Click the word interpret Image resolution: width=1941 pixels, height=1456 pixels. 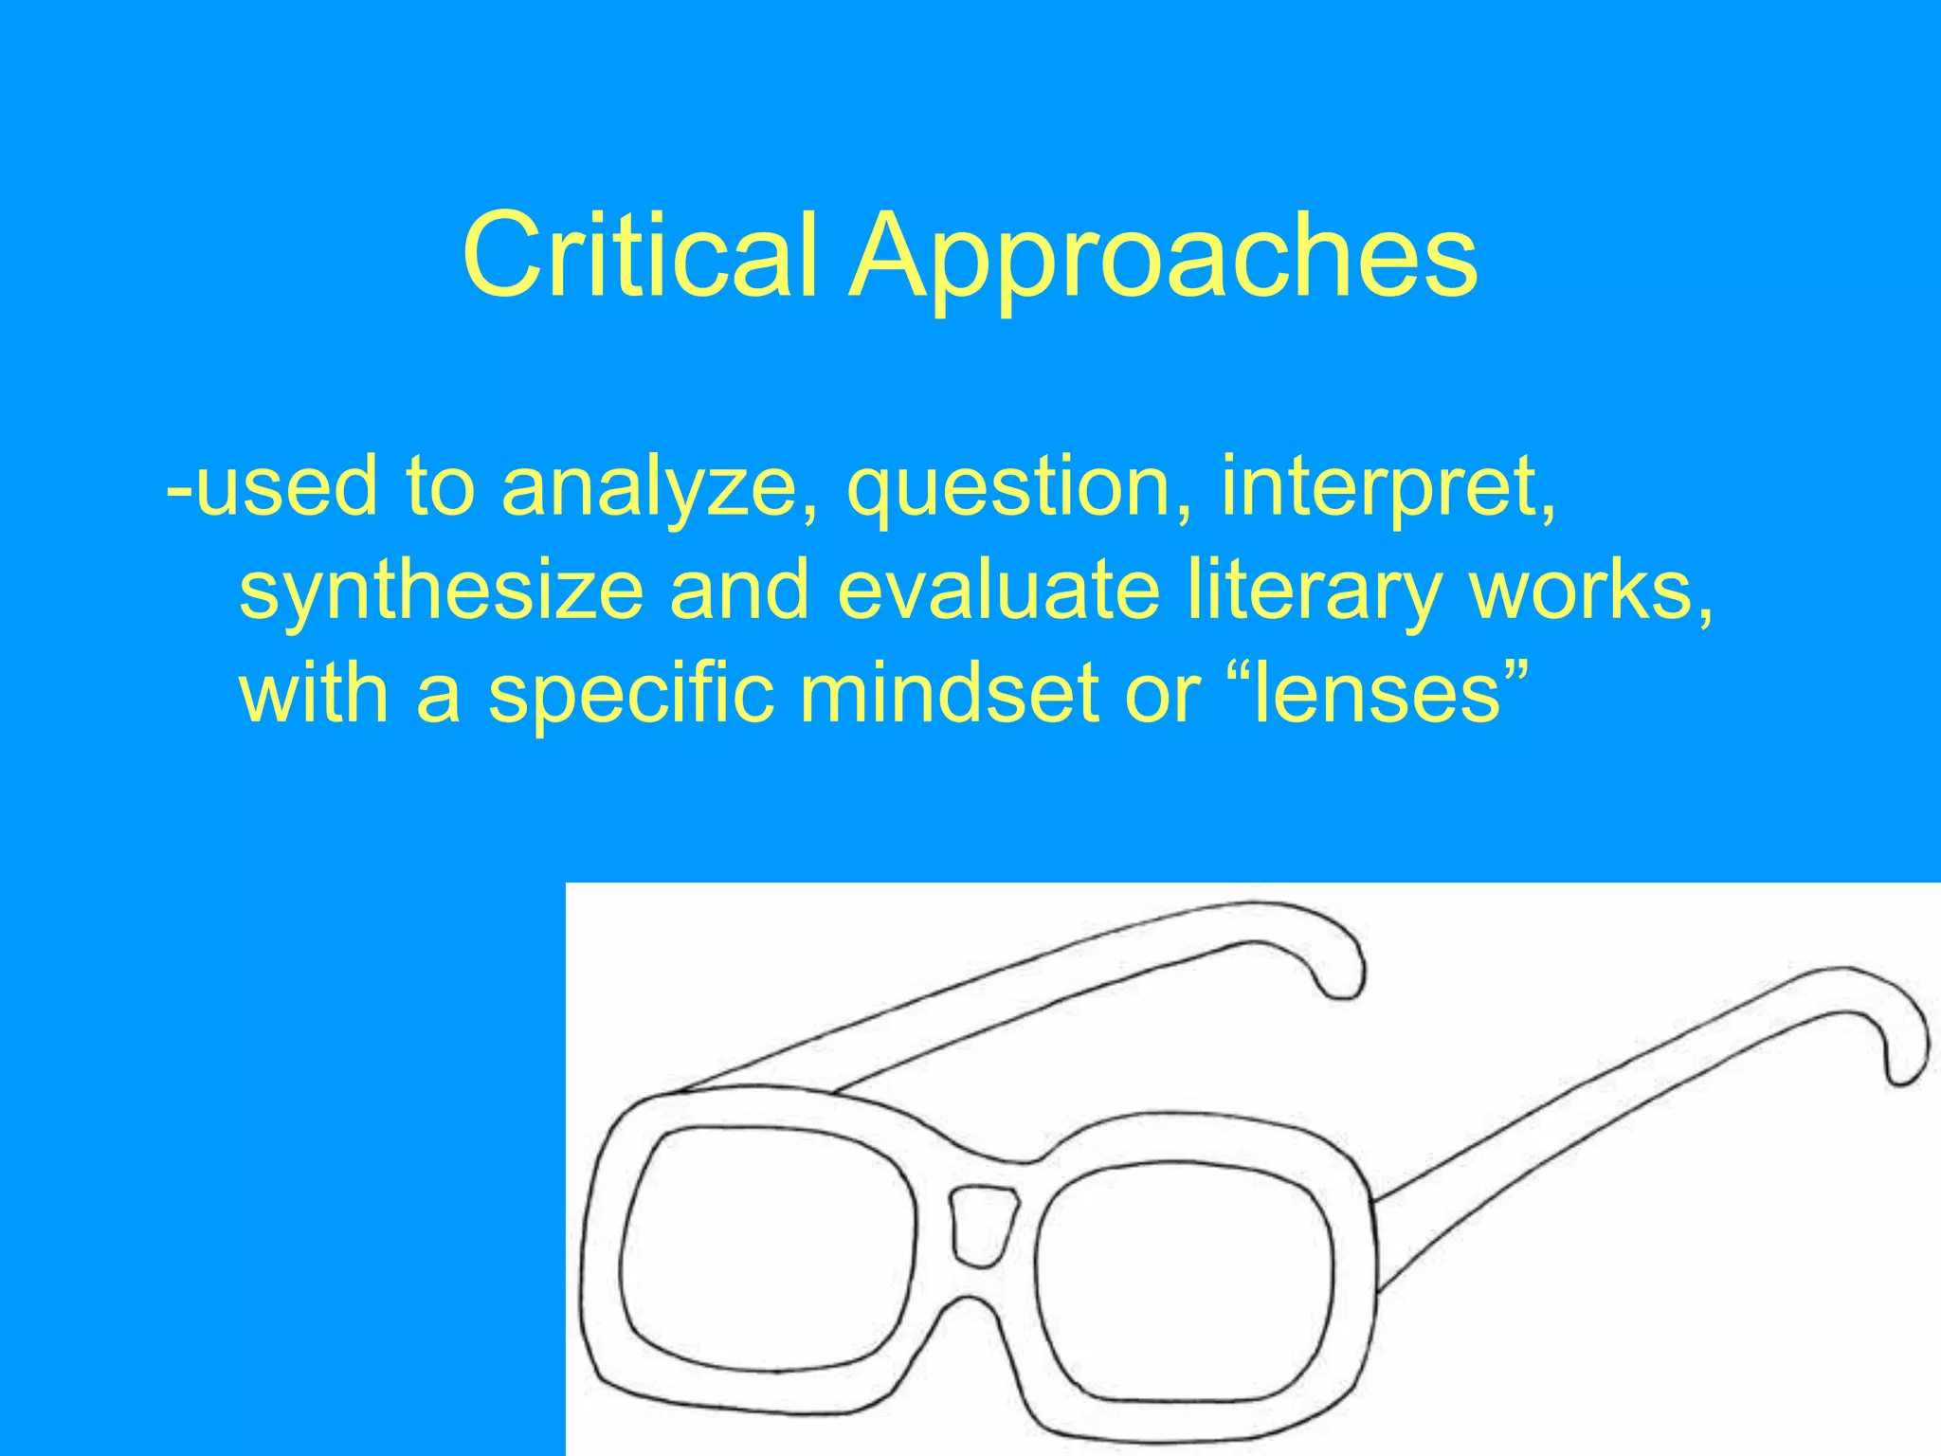(x=1387, y=485)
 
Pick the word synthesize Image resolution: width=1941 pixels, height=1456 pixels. (x=442, y=591)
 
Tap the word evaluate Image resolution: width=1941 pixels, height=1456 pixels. (x=999, y=590)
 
